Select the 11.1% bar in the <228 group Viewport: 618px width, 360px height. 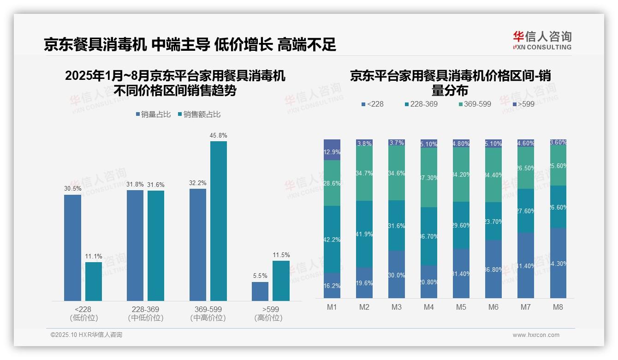click(x=94, y=281)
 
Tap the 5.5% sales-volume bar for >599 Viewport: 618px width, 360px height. click(x=260, y=291)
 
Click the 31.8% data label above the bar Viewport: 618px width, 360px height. click(x=135, y=185)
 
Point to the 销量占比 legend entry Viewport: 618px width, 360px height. click(x=154, y=114)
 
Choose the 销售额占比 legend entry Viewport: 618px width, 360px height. click(x=199, y=114)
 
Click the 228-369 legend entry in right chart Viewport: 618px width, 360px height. click(x=420, y=104)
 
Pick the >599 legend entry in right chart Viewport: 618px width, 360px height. click(x=522, y=104)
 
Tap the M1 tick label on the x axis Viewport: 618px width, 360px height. click(x=332, y=307)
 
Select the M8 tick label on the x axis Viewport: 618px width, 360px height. click(x=558, y=307)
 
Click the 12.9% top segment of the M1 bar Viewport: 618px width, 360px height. click(x=332, y=150)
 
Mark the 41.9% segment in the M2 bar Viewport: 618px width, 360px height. click(x=364, y=234)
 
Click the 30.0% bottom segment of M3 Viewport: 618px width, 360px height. click(x=397, y=274)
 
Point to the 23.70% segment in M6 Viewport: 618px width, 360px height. click(x=493, y=221)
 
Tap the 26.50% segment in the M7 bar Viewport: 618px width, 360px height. click(x=526, y=168)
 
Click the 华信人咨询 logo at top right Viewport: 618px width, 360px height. click(x=542, y=40)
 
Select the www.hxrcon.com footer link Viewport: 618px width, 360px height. click(x=536, y=335)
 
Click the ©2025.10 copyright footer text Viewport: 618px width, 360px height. click(x=86, y=335)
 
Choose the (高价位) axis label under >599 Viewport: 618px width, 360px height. click(x=268, y=318)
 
